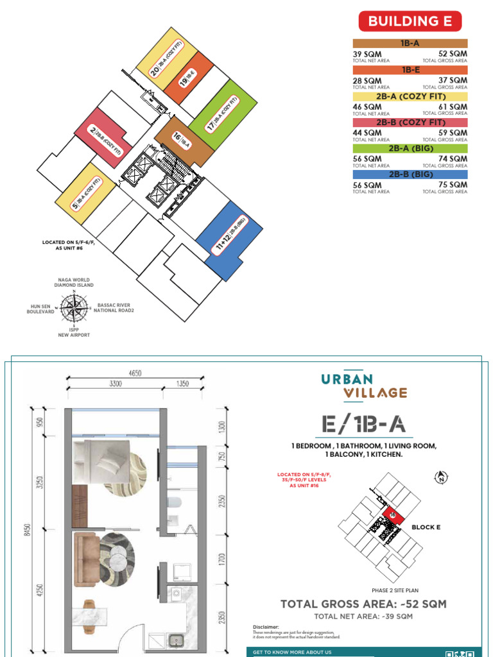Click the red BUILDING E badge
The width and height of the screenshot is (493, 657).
[410, 21]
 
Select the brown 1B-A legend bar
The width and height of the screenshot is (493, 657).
[410, 44]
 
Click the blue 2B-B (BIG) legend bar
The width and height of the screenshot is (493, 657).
[410, 175]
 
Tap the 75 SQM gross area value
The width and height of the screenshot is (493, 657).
[453, 185]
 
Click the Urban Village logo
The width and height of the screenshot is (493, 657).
[365, 385]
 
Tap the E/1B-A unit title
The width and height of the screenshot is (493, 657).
[364, 425]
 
